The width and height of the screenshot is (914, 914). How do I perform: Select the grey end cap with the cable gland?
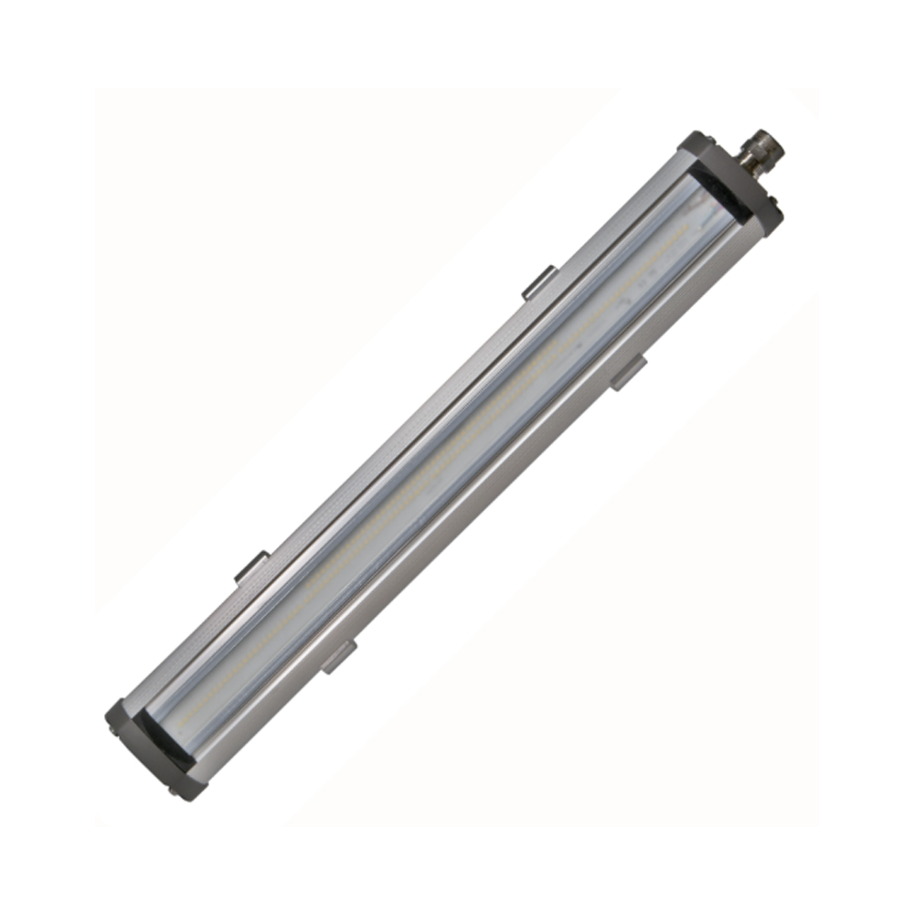pyautogui.click(x=731, y=183)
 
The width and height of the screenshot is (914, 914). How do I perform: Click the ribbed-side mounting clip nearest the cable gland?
pyautogui.click(x=538, y=282)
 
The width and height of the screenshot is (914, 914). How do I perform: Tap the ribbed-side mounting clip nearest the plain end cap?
pyautogui.click(x=251, y=568)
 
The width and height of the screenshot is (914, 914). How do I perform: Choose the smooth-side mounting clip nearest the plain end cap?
pyautogui.click(x=338, y=656)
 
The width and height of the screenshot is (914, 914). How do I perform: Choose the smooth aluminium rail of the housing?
pyautogui.click(x=494, y=512)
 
